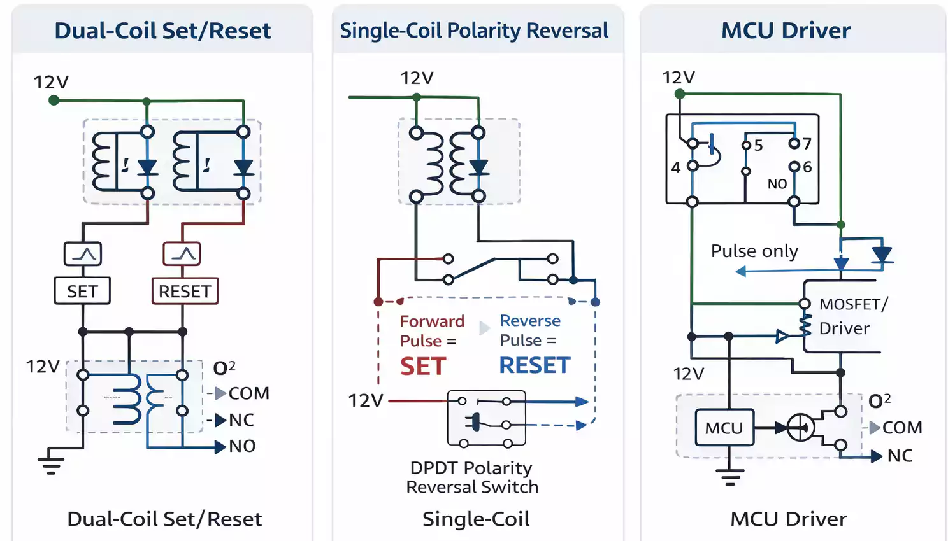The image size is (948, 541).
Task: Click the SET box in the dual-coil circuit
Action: [x=82, y=291]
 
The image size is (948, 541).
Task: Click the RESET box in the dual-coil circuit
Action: [x=185, y=291]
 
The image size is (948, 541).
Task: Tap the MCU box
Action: [x=724, y=428]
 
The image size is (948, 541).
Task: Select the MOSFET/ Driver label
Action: [x=852, y=316]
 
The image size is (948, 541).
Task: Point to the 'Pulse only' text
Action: [x=754, y=251]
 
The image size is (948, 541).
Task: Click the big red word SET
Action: [x=423, y=367]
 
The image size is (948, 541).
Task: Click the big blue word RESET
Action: [x=535, y=366]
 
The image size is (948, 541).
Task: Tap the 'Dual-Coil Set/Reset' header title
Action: [x=162, y=31]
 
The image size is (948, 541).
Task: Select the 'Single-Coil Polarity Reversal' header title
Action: [x=474, y=31]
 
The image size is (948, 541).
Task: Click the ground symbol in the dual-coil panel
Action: [x=51, y=465]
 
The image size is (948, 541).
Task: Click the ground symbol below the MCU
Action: [x=729, y=477]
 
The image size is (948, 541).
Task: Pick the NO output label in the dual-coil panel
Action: [x=242, y=446]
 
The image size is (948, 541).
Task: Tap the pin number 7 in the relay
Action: [x=807, y=144]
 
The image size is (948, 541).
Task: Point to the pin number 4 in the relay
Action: [x=676, y=167]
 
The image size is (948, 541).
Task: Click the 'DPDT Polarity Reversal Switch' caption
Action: [x=472, y=477]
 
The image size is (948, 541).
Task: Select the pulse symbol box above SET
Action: [x=83, y=255]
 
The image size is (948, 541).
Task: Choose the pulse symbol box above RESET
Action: [x=182, y=254]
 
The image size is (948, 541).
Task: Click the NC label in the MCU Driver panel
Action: [x=900, y=456]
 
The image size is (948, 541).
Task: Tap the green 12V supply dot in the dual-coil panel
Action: [x=54, y=100]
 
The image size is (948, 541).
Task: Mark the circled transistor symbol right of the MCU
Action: [x=800, y=428]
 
